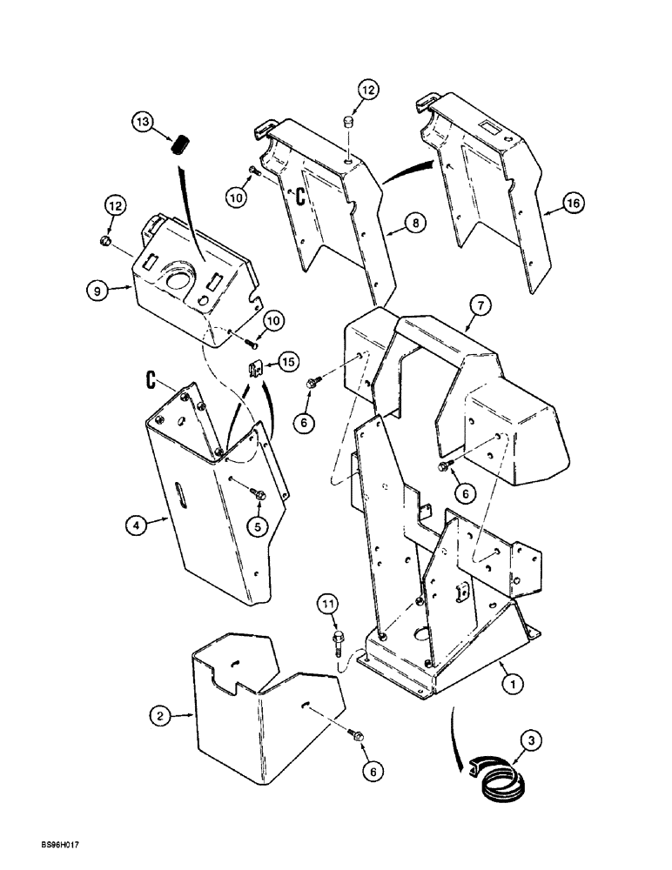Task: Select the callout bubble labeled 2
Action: click(x=158, y=716)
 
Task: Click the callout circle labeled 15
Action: click(x=287, y=359)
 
